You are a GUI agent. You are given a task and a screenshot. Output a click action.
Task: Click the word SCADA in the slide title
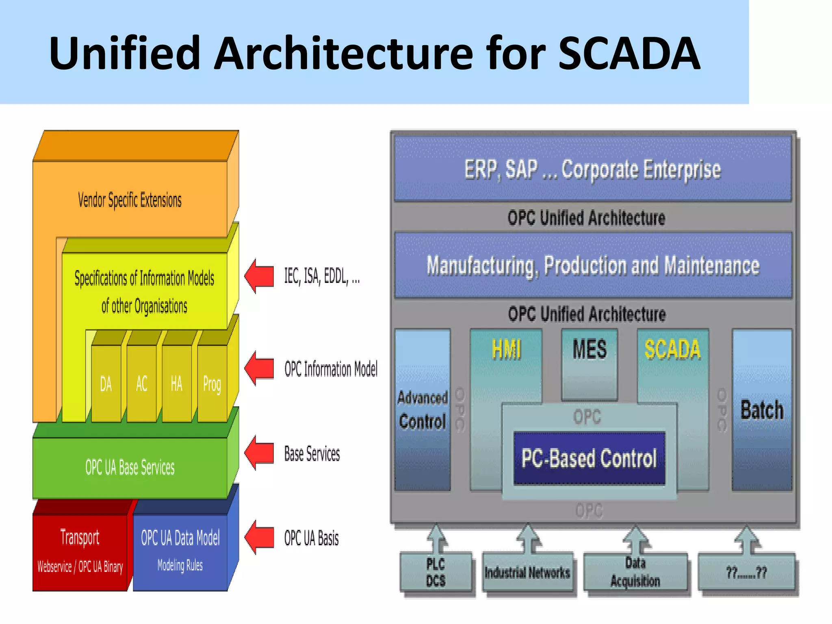tap(629, 53)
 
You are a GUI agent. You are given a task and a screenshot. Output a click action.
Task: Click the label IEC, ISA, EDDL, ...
tap(321, 276)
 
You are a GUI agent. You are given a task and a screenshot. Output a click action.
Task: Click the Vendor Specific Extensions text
tap(130, 200)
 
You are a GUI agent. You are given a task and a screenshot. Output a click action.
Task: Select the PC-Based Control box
tap(589, 458)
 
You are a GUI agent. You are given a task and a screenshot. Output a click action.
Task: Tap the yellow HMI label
tap(506, 349)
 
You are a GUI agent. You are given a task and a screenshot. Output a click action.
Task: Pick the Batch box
tap(762, 409)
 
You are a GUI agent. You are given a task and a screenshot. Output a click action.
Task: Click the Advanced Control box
tap(422, 409)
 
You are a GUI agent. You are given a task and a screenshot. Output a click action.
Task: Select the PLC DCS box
tap(435, 572)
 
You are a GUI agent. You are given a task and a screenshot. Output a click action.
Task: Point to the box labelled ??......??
tap(747, 572)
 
